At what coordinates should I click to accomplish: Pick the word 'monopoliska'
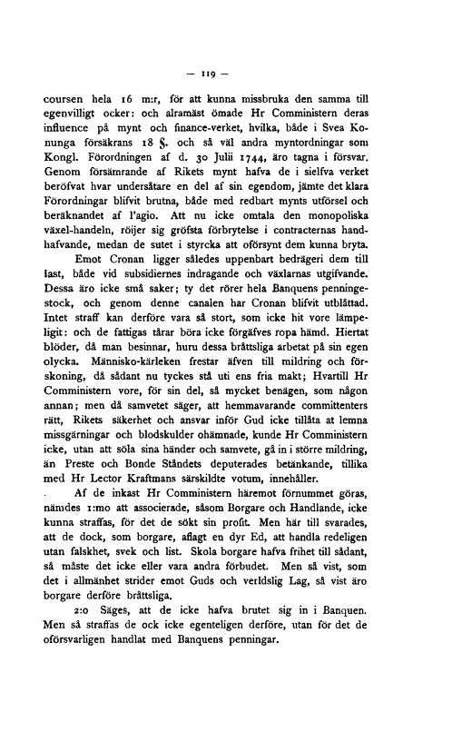click(388, 233)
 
